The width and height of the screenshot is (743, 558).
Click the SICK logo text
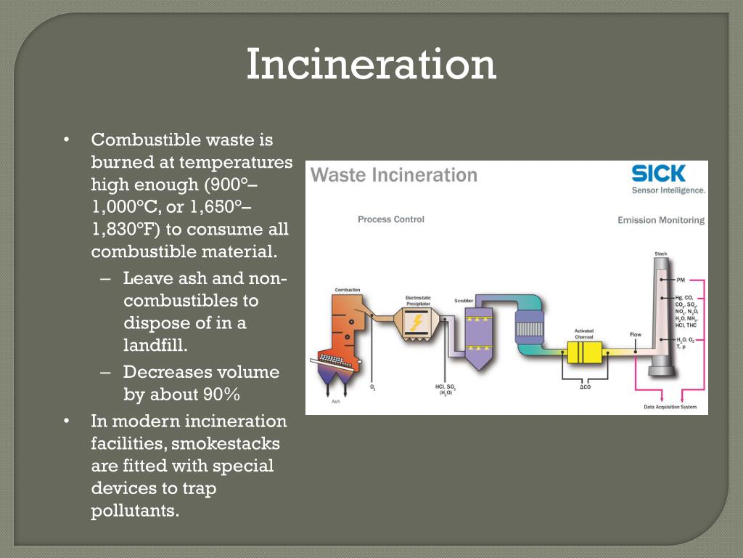pos(658,174)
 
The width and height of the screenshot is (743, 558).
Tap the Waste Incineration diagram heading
pos(394,175)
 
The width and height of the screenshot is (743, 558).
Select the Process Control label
pos(390,219)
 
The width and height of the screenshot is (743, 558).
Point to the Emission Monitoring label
pos(660,220)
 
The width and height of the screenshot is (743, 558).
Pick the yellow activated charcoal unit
pos(585,352)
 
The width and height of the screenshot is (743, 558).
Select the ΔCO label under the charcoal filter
pos(585,387)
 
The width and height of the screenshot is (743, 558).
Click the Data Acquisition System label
pos(670,407)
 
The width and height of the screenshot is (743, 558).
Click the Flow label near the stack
pos(635,335)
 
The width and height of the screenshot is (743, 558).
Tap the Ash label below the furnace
pos(335,401)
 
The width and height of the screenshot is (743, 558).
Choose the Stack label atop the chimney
pos(660,254)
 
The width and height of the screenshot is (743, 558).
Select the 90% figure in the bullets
pos(221,395)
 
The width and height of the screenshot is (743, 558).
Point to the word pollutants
pos(134,510)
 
